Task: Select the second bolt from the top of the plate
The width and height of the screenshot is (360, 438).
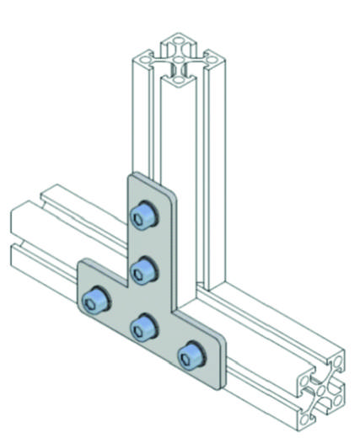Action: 144,270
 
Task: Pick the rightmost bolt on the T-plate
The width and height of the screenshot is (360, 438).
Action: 191,353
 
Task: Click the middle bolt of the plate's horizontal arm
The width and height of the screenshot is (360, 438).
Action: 144,324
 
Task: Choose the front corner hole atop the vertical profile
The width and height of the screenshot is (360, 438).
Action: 178,79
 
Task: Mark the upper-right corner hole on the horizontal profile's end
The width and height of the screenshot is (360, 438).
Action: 338,361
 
